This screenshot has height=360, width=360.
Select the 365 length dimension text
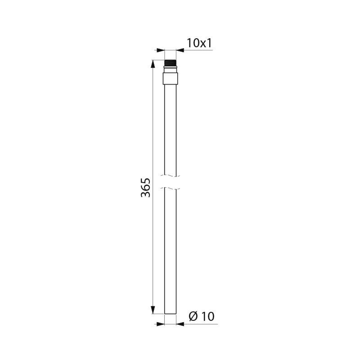click(145, 187)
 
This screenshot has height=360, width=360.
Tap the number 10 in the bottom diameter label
click(208, 316)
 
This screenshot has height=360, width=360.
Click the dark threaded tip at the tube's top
click(170, 63)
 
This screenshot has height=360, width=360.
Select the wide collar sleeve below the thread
click(170, 79)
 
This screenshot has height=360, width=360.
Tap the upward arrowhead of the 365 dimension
click(153, 63)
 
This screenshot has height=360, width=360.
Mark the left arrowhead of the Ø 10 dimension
click(161, 324)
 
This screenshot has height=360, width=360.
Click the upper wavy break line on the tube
click(170, 175)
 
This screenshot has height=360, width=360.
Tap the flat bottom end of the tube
click(170, 313)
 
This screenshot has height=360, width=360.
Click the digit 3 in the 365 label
click(145, 194)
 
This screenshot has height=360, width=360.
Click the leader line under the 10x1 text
click(198, 50)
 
